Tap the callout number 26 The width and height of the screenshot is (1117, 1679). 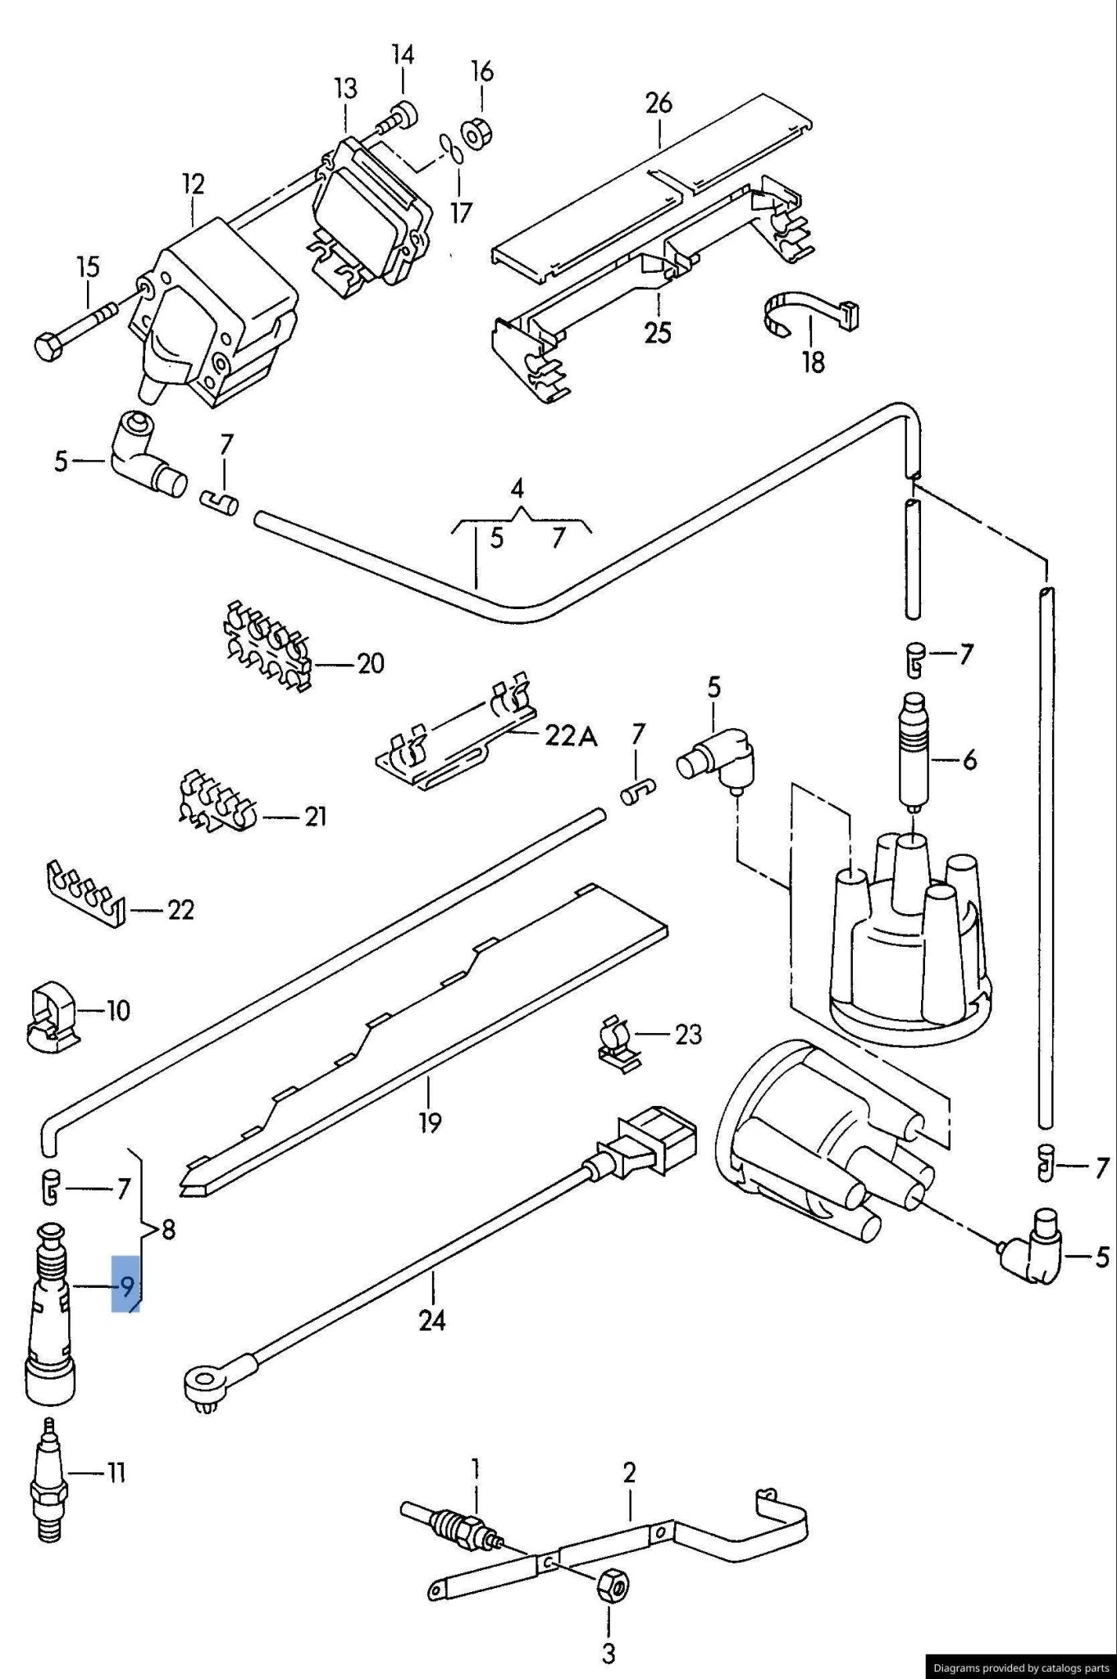point(659,102)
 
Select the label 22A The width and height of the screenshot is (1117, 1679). point(572,737)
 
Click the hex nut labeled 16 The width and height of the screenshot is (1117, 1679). point(474,134)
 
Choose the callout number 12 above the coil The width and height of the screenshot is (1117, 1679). point(193,184)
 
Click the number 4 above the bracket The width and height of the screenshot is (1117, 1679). point(517,489)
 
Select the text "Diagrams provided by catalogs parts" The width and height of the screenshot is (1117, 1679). point(1020,1667)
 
